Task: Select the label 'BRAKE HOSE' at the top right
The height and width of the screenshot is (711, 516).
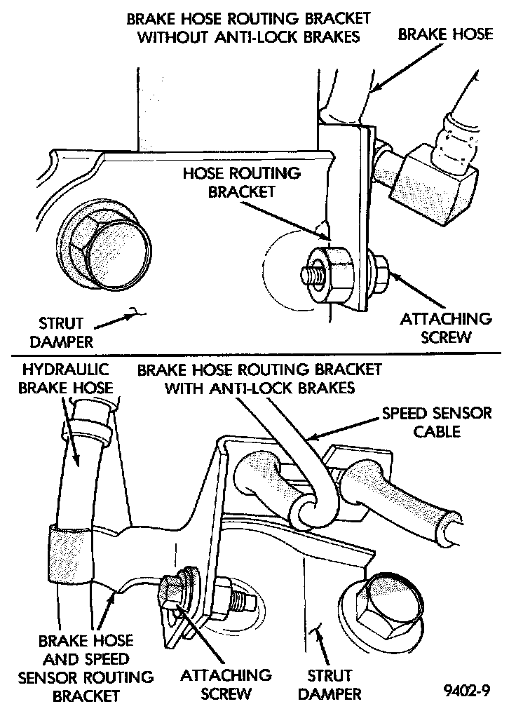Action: click(x=446, y=33)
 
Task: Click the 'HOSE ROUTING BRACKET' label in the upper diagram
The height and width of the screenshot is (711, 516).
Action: click(x=241, y=182)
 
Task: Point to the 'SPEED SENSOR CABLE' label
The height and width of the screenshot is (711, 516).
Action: click(x=437, y=421)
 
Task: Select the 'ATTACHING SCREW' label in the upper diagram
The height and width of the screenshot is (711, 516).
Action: click(x=446, y=327)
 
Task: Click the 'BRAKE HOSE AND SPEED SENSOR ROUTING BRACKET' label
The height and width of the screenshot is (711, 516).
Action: click(x=86, y=668)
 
